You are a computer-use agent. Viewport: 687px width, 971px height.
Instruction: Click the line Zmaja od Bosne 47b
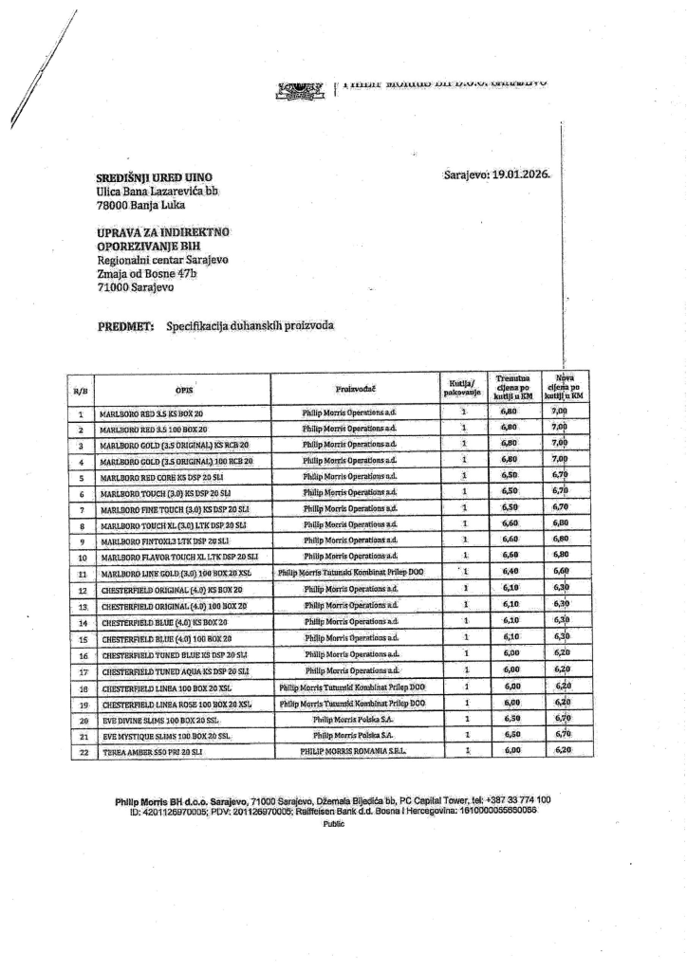tap(146, 274)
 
